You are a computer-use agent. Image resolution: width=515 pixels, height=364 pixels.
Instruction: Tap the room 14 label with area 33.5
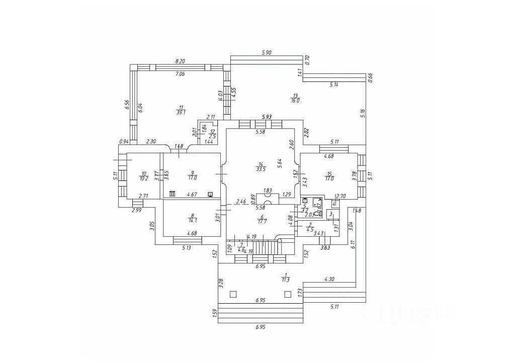(x=260, y=166)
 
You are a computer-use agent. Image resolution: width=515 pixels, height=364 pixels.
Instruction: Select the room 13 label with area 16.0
(x=295, y=98)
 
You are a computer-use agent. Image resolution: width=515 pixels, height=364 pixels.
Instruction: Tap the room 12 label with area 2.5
(x=212, y=134)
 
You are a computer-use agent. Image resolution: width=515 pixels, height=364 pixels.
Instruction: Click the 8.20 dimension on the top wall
(x=180, y=61)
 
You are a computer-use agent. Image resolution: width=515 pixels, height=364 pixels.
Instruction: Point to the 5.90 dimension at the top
(x=267, y=52)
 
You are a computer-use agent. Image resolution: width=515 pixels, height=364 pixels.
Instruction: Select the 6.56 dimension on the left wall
(x=127, y=105)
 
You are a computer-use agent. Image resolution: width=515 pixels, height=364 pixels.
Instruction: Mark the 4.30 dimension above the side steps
(x=330, y=278)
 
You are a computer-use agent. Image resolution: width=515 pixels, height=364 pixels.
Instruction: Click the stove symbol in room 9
(x=172, y=193)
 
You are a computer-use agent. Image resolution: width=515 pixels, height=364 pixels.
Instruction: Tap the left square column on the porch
(x=232, y=294)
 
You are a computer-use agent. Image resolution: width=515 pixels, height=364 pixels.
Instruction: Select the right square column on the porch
(x=288, y=294)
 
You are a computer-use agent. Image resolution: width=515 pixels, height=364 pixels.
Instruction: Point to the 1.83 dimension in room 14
(x=268, y=190)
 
